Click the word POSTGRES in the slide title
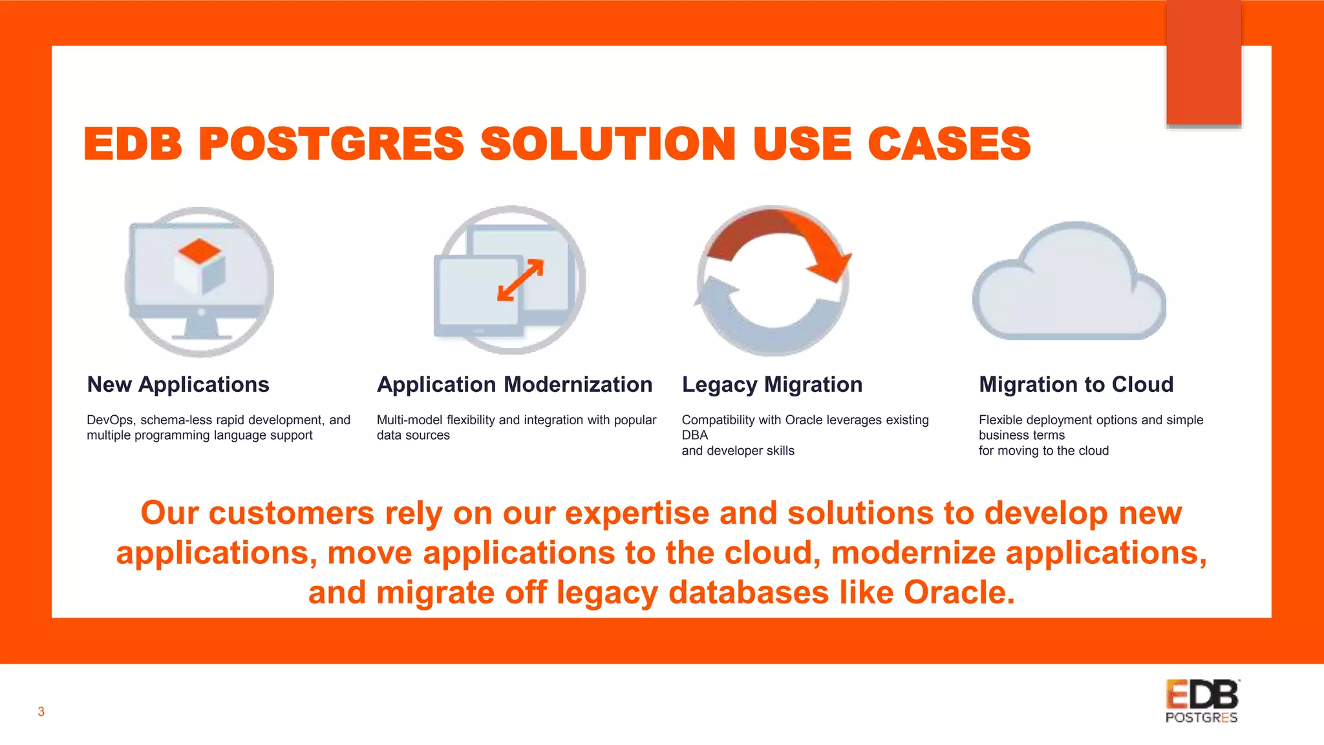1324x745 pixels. pyautogui.click(x=331, y=144)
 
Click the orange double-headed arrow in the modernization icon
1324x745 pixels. pyautogui.click(x=520, y=280)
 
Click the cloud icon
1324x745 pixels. pyautogui.click(x=1069, y=285)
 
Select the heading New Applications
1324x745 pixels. pyautogui.click(x=178, y=385)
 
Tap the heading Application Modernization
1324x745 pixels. pyautogui.click(x=515, y=385)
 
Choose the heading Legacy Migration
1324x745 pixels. pyautogui.click(x=772, y=385)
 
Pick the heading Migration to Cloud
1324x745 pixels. pyautogui.click(x=1076, y=385)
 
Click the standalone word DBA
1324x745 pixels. pyautogui.click(x=695, y=435)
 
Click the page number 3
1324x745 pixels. pyautogui.click(x=41, y=712)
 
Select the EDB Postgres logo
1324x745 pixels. pyautogui.click(x=1202, y=701)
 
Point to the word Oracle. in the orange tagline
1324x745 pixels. pyautogui.click(x=959, y=592)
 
